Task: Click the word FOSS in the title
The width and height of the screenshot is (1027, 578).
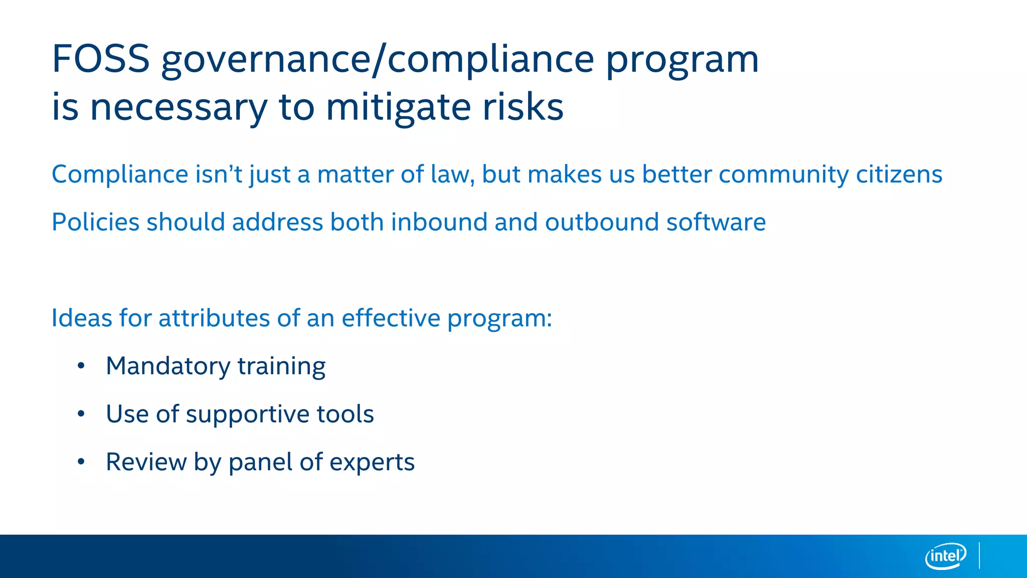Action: tap(100, 59)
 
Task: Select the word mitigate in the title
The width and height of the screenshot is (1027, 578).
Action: tap(399, 107)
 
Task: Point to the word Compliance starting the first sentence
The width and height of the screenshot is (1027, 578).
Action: tap(120, 175)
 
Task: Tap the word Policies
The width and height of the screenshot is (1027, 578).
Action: tap(95, 222)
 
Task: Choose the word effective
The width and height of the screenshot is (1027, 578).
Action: tap(391, 318)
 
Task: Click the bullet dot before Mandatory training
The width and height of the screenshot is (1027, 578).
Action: tap(81, 366)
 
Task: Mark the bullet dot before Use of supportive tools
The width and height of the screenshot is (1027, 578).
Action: tap(81, 414)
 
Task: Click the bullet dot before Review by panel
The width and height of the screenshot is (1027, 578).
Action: tap(81, 462)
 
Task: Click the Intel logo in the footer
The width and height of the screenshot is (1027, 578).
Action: tap(945, 556)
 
